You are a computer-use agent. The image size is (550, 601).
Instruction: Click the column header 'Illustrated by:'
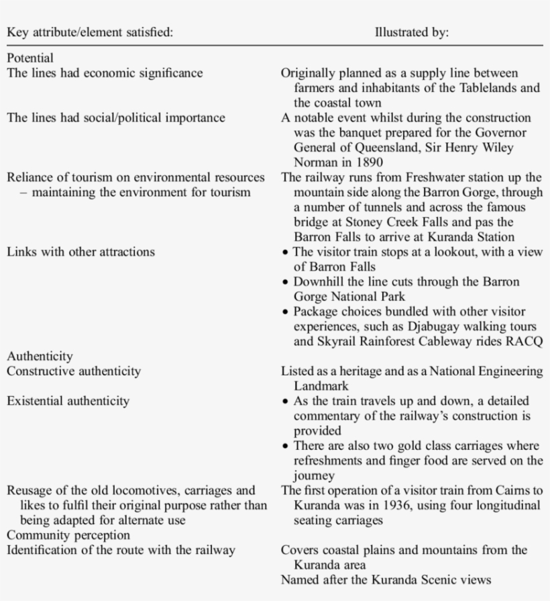tap(411, 32)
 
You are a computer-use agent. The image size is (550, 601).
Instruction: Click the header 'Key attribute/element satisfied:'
tap(89, 32)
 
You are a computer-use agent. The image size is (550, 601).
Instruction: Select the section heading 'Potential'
tap(30, 58)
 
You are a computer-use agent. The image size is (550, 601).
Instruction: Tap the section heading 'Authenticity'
tap(40, 357)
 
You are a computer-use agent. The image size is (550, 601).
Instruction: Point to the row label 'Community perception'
tap(68, 535)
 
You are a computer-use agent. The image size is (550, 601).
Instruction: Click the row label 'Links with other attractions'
tap(80, 252)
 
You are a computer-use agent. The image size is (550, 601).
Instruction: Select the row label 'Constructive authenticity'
tap(74, 371)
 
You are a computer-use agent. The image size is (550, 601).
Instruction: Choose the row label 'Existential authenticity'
tap(68, 401)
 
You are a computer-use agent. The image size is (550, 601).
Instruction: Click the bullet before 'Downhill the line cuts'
tap(286, 282)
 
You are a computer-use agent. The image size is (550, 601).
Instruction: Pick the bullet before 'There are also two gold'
tap(286, 446)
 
